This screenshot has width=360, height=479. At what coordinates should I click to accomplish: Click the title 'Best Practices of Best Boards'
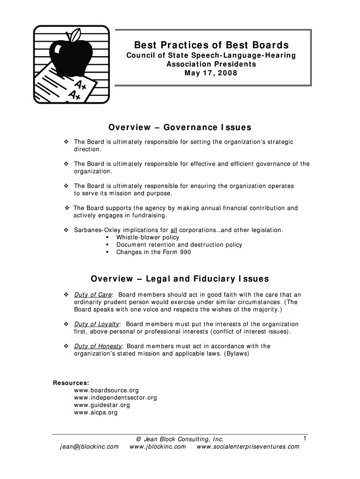pyautogui.click(x=212, y=45)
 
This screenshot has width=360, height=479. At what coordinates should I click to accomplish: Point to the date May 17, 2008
pyautogui.click(x=211, y=73)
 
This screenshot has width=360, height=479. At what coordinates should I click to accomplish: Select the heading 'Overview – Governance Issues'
pyautogui.click(x=180, y=127)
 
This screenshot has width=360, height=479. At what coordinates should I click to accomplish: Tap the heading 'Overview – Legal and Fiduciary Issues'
pyautogui.click(x=180, y=279)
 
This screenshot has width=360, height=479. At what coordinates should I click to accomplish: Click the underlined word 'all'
pyautogui.click(x=173, y=230)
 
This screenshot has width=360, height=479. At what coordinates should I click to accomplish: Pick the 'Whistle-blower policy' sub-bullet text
pyautogui.click(x=148, y=237)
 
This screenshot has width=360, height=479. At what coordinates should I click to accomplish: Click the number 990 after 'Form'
pyautogui.click(x=185, y=252)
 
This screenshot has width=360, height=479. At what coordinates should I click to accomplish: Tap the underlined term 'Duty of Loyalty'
pyautogui.click(x=97, y=324)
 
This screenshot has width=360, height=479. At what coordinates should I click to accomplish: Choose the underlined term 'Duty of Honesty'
pyautogui.click(x=98, y=346)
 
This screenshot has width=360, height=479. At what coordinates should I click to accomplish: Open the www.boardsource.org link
pyautogui.click(x=107, y=390)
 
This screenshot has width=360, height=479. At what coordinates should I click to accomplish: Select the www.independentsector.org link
pyautogui.click(x=115, y=398)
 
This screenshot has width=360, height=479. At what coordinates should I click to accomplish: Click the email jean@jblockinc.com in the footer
pyautogui.click(x=89, y=447)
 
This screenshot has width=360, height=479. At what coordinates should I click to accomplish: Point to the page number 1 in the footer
pyautogui.click(x=304, y=438)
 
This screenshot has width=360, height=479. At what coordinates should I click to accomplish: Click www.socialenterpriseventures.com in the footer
pyautogui.click(x=248, y=447)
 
